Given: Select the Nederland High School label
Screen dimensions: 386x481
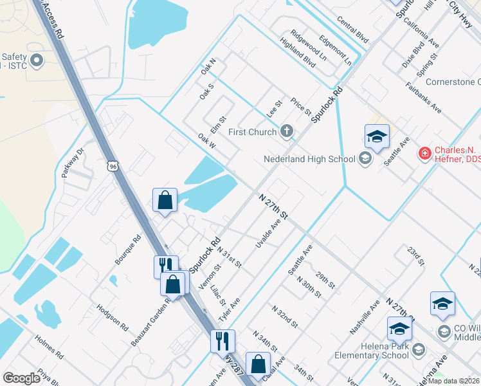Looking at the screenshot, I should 309,159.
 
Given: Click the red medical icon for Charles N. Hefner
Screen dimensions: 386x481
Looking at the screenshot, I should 424,153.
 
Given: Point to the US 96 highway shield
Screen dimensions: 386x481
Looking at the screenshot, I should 113,167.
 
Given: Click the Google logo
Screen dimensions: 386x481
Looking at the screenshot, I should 22,378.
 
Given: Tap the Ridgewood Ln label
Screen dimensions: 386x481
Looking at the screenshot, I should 308,44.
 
